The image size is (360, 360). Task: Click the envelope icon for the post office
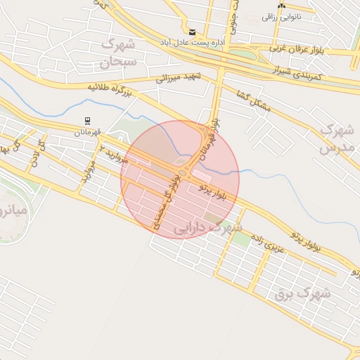point(193,32)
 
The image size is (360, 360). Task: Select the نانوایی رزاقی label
point(281,16)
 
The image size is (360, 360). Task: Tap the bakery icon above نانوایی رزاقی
point(281,6)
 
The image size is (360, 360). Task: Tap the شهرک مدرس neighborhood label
point(335,139)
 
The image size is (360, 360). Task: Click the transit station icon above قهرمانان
point(87,120)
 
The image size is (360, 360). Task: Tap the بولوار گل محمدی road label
point(167,202)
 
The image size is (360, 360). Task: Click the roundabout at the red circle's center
point(182,173)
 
